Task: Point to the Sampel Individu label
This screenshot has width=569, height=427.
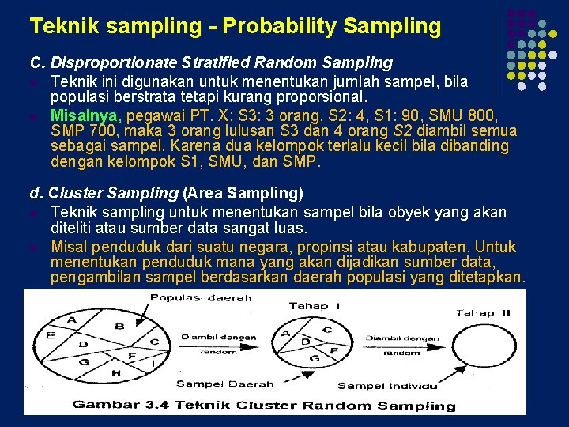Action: tap(387, 385)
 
